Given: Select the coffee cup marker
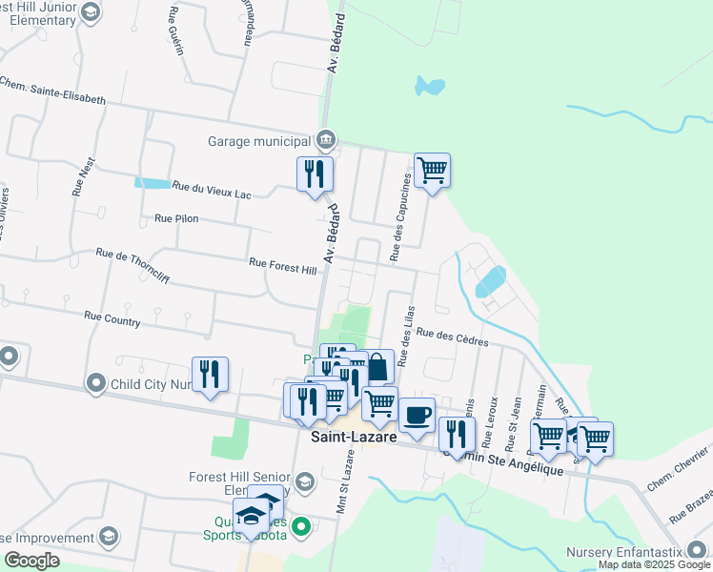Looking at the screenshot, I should click(x=417, y=415).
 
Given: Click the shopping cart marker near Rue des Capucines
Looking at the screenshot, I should click(x=432, y=171).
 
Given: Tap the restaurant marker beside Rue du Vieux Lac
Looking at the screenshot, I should click(x=315, y=174).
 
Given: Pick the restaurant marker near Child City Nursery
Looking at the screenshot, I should click(x=210, y=374).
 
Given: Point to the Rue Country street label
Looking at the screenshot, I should click(x=112, y=318).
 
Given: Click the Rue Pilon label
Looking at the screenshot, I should click(x=175, y=218).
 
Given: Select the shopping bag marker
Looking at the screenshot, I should click(x=377, y=366).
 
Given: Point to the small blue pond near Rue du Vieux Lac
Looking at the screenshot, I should click(x=150, y=182).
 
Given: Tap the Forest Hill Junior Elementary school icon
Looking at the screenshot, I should click(x=91, y=11).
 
